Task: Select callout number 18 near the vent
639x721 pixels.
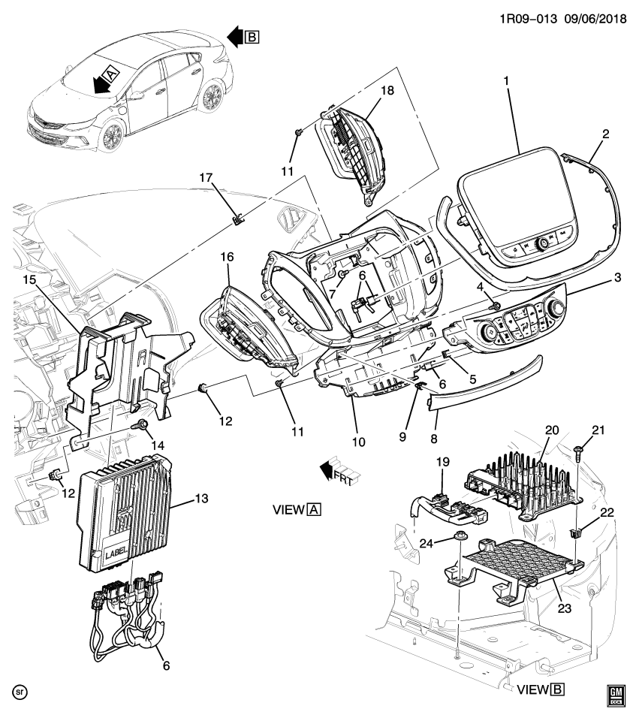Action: pyautogui.click(x=386, y=90)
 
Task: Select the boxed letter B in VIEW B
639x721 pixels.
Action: pyautogui.click(x=556, y=688)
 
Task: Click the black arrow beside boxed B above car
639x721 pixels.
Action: pyautogui.click(x=235, y=35)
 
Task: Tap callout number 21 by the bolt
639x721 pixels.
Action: pyautogui.click(x=598, y=430)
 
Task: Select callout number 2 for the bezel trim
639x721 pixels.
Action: pyautogui.click(x=605, y=134)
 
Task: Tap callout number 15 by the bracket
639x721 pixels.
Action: pyautogui.click(x=29, y=281)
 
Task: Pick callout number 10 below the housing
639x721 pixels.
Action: pyautogui.click(x=358, y=442)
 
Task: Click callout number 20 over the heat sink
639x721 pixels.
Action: pyautogui.click(x=552, y=430)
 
